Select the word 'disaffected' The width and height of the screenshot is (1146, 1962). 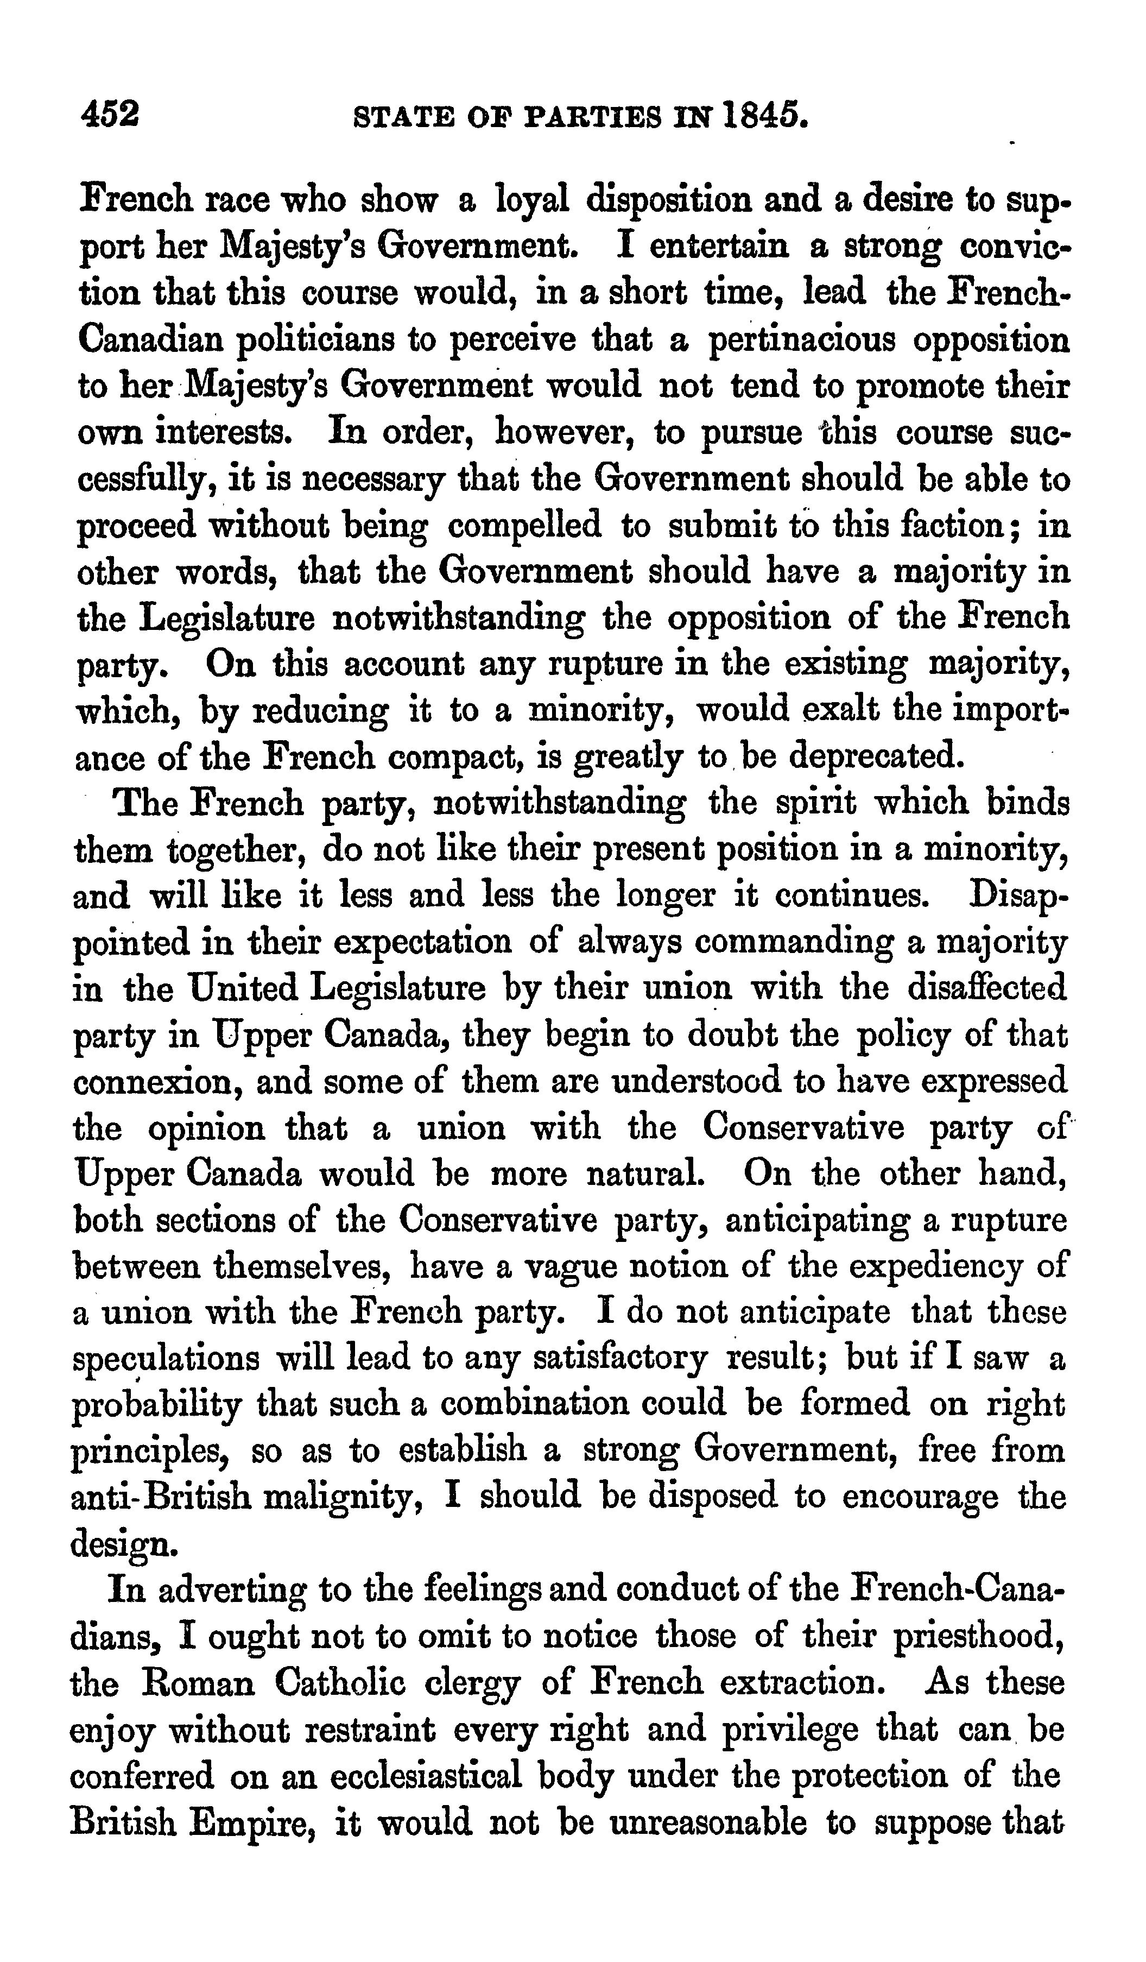(986, 988)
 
